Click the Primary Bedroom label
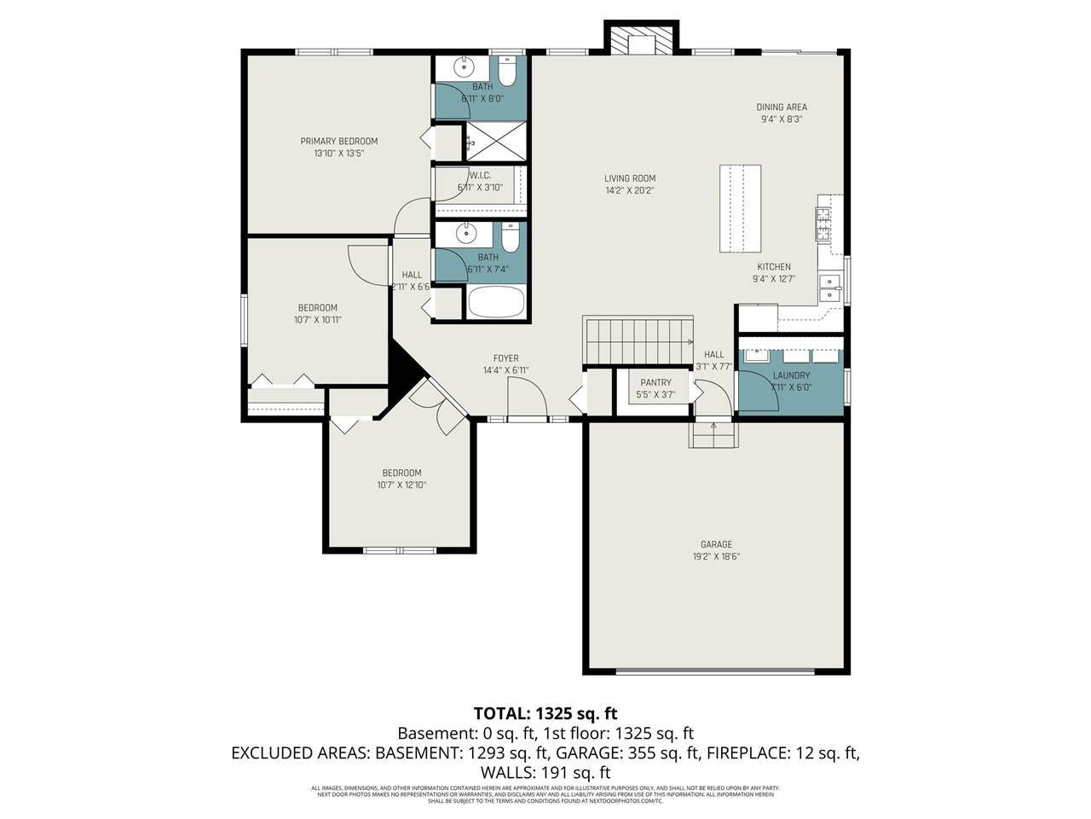tap(338, 142)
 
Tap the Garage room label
tap(716, 544)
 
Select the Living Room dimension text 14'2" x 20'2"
tap(630, 191)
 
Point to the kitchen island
tap(740, 208)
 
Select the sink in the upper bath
tap(464, 66)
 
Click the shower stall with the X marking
tap(495, 140)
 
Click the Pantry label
tap(655, 383)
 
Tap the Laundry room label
tap(791, 375)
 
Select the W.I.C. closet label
tap(480, 176)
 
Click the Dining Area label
tap(782, 107)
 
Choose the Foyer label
tap(505, 358)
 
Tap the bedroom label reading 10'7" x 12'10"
tap(401, 485)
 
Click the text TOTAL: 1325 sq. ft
tap(545, 713)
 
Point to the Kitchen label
tap(774, 267)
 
